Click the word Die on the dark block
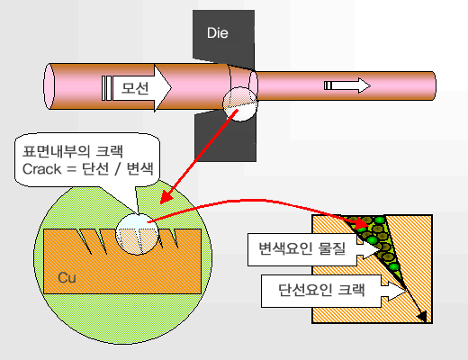(218, 32)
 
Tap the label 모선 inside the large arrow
(135, 88)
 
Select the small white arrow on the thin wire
(347, 85)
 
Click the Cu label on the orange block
(67, 277)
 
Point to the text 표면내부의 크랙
(73, 151)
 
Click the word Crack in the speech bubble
(41, 169)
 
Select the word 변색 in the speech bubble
(139, 169)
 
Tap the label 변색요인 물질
(302, 248)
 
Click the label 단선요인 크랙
(321, 290)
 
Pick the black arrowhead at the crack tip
(422, 317)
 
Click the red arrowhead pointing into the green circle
(166, 197)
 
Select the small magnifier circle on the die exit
(240, 104)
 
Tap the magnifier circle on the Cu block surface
(137, 234)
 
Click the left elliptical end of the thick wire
(49, 86)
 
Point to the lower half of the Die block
(226, 137)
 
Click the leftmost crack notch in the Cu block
(84, 241)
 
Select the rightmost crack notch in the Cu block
(175, 238)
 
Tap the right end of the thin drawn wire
(435, 86)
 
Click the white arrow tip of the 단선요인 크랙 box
(406, 291)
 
